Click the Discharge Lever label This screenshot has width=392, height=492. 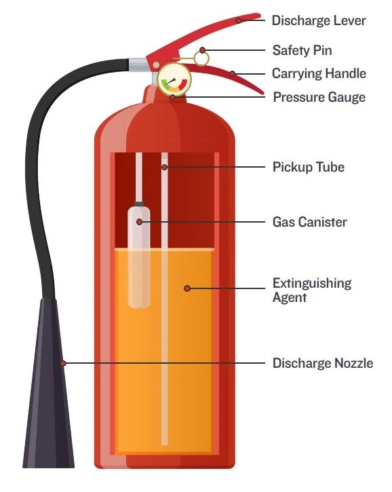(319, 21)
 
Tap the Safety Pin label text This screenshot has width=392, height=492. (302, 50)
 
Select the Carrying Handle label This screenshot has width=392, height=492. (319, 74)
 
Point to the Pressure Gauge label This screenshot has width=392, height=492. (319, 97)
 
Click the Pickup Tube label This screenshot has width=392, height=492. (309, 167)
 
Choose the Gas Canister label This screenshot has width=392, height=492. (309, 222)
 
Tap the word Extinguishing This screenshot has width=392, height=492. (312, 283)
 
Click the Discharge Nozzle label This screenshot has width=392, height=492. (323, 363)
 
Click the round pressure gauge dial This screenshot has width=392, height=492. (174, 79)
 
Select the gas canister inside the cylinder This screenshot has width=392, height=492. (138, 254)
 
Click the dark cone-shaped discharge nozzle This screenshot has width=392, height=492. (49, 383)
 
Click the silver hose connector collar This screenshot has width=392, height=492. (138, 65)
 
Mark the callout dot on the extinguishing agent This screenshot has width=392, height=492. (187, 288)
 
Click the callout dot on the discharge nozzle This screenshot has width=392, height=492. (63, 363)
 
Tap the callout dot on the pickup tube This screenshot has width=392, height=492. (165, 167)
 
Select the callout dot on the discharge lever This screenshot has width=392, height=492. (239, 21)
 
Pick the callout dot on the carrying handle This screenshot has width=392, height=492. (233, 74)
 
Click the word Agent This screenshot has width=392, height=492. (289, 297)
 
